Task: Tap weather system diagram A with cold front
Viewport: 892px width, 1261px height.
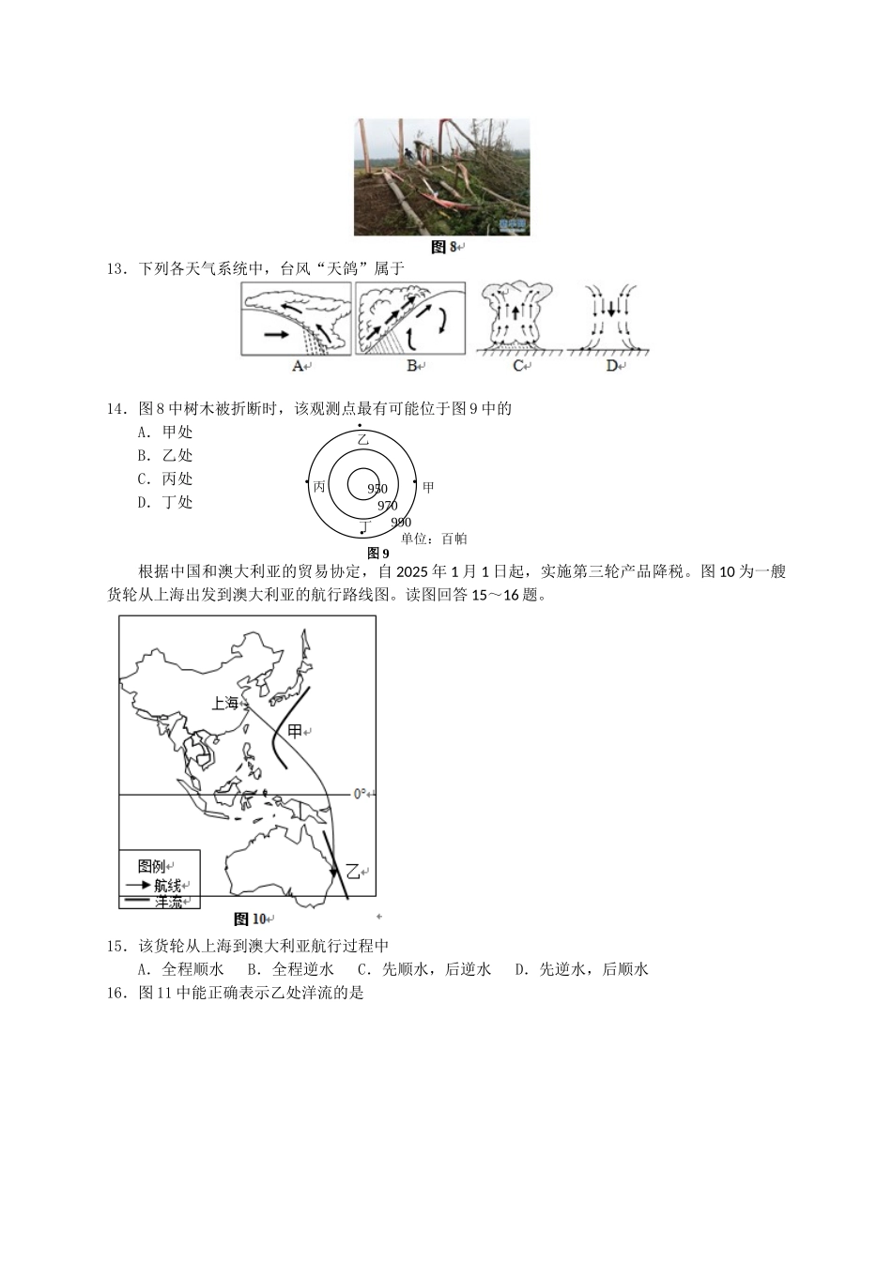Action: point(296,319)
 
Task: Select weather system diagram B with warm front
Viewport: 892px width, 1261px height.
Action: point(410,319)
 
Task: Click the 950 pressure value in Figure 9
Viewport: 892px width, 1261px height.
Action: point(377,489)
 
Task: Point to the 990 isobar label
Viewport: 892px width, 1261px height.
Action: point(401,523)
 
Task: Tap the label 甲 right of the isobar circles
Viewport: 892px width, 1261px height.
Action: point(428,487)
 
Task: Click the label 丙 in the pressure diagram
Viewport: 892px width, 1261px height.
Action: point(319,487)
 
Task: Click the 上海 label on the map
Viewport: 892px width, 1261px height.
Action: point(225,703)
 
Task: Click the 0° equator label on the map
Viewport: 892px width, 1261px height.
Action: point(360,794)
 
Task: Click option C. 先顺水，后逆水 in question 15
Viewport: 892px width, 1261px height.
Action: point(423,969)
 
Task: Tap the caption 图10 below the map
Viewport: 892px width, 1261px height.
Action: point(249,919)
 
